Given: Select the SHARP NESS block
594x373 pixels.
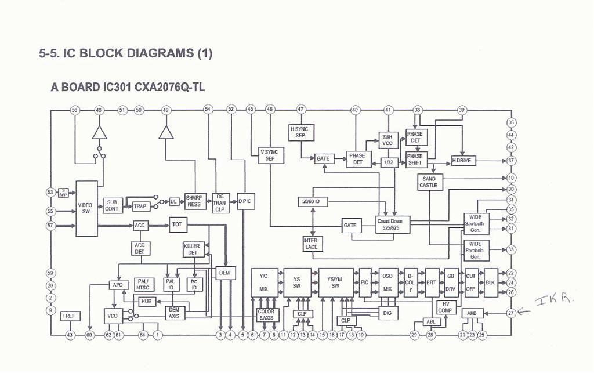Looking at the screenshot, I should [x=194, y=201].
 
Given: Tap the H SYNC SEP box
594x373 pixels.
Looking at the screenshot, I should [x=300, y=132].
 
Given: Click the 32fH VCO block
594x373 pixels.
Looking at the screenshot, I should [x=387, y=139].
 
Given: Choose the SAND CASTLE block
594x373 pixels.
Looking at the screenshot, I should [x=429, y=182].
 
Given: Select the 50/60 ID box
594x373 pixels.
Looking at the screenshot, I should [x=313, y=201].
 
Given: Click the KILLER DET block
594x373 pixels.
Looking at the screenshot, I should [x=192, y=249].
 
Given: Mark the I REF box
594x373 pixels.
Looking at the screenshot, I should [x=70, y=316].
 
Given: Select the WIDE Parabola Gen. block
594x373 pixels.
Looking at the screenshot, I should [x=476, y=250].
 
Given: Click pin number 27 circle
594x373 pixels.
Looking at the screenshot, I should [x=511, y=313].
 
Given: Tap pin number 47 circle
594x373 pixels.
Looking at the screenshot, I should [x=300, y=109].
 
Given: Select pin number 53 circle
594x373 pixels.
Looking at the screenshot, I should [x=50, y=192].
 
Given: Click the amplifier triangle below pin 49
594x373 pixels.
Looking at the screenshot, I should [x=166, y=133].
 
